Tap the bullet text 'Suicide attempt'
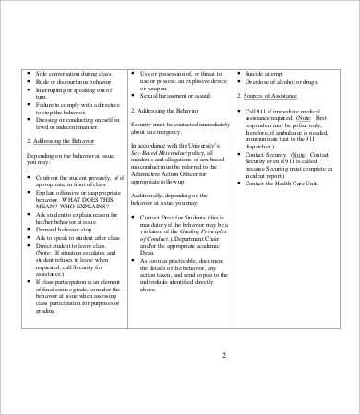(x=268, y=71)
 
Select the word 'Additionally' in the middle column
(x=149, y=196)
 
